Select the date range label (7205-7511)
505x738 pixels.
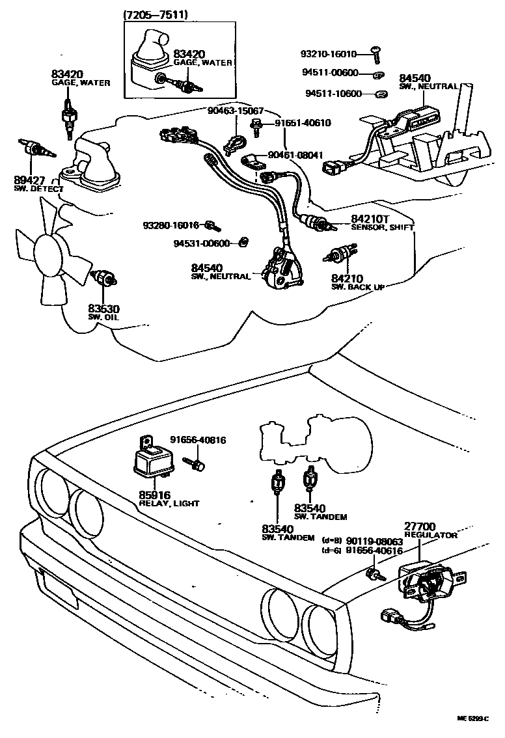(153, 13)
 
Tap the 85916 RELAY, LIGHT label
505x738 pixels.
(169, 499)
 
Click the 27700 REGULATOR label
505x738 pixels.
(430, 530)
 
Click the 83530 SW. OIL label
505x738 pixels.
(104, 312)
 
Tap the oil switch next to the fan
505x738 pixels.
(104, 279)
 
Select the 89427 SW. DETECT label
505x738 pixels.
(38, 184)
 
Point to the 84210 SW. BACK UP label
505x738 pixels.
(355, 282)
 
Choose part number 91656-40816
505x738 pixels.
(198, 441)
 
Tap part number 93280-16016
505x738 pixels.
(171, 225)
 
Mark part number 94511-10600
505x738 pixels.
(333, 94)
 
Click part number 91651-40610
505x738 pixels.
(302, 122)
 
